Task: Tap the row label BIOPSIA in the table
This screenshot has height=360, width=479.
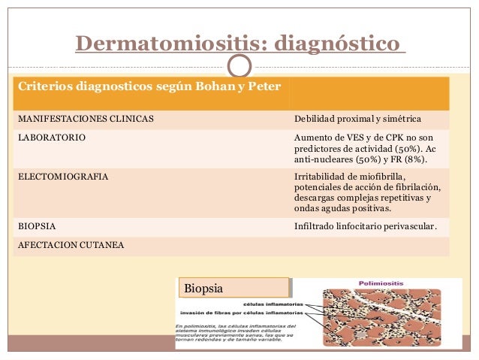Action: (36, 225)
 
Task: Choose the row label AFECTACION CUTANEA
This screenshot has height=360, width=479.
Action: (71, 245)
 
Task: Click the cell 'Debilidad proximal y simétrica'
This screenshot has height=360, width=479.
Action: (357, 119)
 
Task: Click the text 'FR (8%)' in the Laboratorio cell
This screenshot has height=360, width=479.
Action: (408, 159)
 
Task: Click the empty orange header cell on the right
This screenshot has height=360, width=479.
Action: (368, 93)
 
